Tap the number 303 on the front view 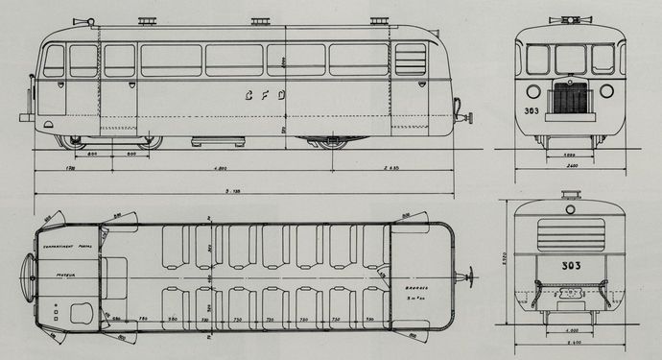click(530, 110)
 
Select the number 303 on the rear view click(572, 265)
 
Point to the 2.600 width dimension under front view click(571, 166)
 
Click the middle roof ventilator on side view click(259, 21)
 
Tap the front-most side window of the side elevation click(54, 60)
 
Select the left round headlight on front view click(535, 93)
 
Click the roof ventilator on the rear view click(572, 196)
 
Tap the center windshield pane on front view click(571, 59)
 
